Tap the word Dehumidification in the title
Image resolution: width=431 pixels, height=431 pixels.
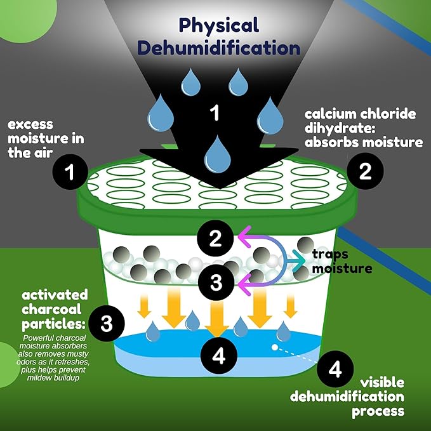pyautogui.click(x=219, y=48)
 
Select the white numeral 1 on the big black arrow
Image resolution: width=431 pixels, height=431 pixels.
pyautogui.click(x=215, y=112)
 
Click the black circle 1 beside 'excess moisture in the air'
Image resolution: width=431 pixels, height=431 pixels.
pyautogui.click(x=70, y=172)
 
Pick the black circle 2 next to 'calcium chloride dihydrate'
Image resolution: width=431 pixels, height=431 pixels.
pyautogui.click(x=365, y=171)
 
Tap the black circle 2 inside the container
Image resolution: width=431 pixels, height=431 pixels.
pyautogui.click(x=215, y=238)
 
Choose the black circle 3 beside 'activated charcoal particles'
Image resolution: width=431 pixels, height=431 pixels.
pyautogui.click(x=107, y=324)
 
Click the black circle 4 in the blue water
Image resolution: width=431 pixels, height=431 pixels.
pyautogui.click(x=219, y=355)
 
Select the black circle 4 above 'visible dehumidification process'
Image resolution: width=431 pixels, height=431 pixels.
pyautogui.click(x=335, y=369)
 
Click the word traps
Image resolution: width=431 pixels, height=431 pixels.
pyautogui.click(x=330, y=255)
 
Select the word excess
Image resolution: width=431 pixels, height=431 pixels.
pyautogui.click(x=30, y=124)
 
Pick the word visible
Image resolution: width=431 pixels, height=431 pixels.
pyautogui.click(x=382, y=383)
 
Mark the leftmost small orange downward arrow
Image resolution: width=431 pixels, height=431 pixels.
pyautogui.click(x=144, y=306)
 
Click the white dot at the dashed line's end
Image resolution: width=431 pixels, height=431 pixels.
pyautogui.click(x=275, y=347)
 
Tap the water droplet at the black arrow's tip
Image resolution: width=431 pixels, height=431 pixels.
pyautogui.click(x=217, y=154)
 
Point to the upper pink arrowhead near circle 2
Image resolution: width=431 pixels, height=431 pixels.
pyautogui.click(x=244, y=236)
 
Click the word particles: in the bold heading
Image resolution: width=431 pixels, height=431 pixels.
pyautogui.click(x=53, y=324)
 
